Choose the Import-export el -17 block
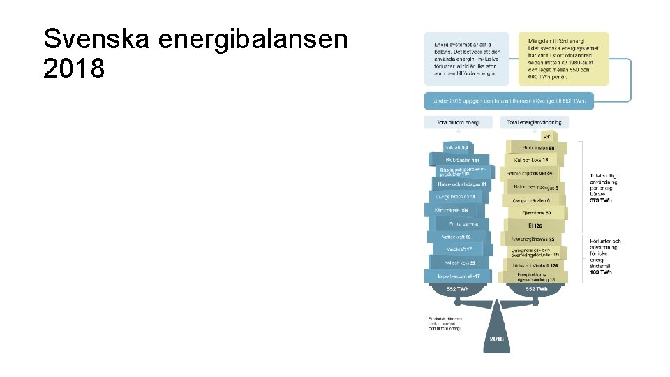click(x=459, y=276)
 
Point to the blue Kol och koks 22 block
click(x=459, y=263)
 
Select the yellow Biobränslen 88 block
click(x=540, y=147)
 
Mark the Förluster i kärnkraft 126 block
click(x=535, y=265)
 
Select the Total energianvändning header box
click(x=535, y=122)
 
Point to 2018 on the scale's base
click(x=496, y=338)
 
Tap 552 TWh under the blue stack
click(x=458, y=289)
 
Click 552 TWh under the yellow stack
click(x=536, y=289)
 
